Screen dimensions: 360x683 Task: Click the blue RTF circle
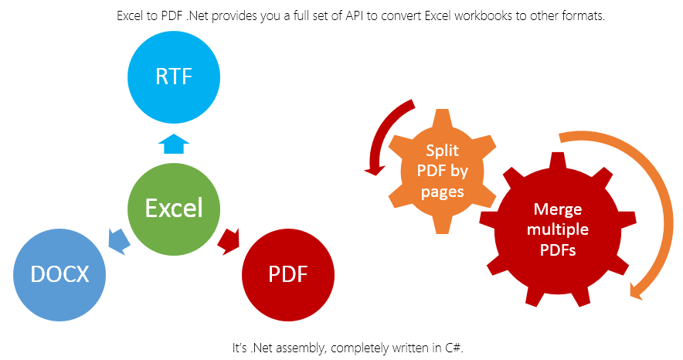pos(174,77)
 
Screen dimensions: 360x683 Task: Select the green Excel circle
pos(174,208)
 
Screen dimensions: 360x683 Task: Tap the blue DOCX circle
pos(60,273)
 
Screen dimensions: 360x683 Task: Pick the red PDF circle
pos(287,273)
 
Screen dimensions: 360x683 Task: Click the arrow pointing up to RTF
pos(174,144)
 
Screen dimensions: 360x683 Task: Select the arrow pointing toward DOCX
pos(117,240)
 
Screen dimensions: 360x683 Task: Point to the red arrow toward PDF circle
pos(229,240)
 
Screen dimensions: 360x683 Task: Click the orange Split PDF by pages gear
pos(441,171)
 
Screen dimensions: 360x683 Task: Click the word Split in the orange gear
pos(441,151)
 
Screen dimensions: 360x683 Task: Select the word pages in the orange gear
pos(441,191)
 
